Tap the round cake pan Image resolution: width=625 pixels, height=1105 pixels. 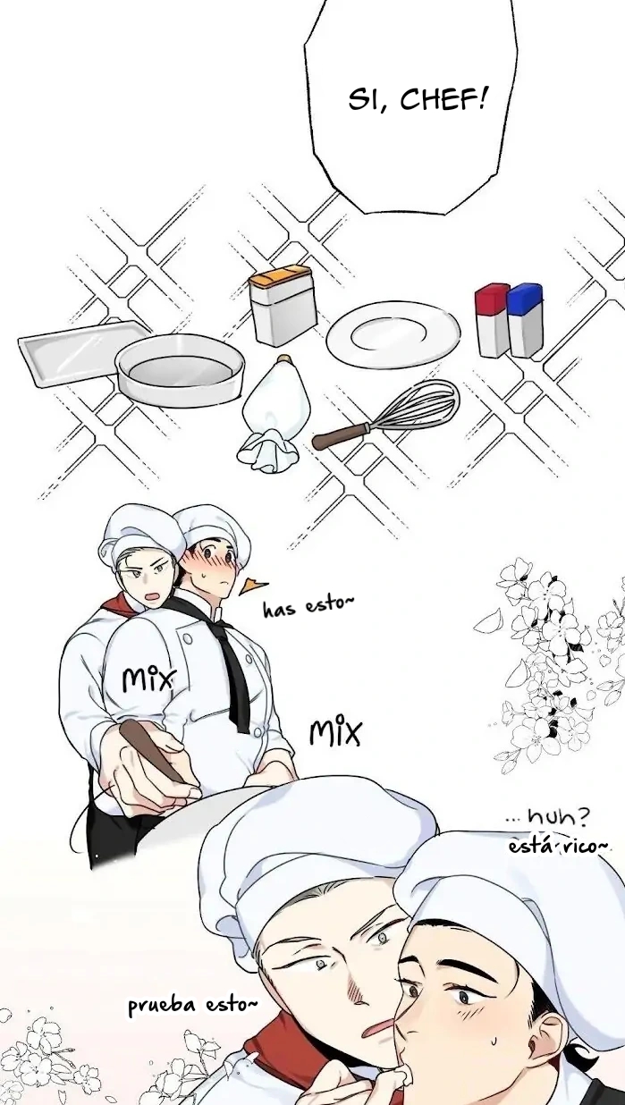click(x=180, y=369)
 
